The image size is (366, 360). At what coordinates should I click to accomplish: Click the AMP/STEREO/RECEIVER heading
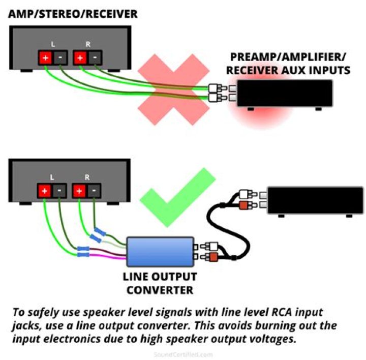click(73, 14)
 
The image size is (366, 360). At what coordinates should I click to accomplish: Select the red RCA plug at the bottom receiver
click(245, 205)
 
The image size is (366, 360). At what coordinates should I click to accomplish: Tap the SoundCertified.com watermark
click(183, 354)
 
